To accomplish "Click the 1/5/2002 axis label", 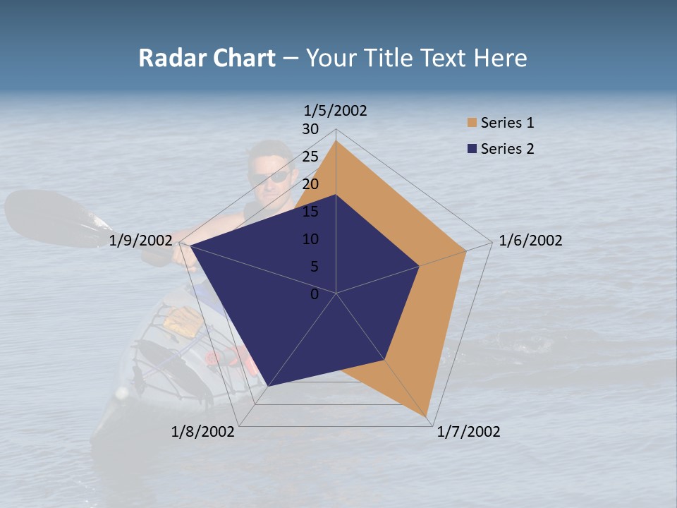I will click(335, 110).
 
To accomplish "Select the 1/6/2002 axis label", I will click(530, 241).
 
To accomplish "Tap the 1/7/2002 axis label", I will click(468, 432).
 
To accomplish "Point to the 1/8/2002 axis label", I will click(203, 432).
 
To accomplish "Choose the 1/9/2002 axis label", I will click(141, 241).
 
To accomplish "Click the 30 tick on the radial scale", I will click(310, 129).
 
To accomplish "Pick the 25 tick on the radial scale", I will click(310, 157).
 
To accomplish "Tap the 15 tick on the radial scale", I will click(310, 212).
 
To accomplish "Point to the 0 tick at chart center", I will click(315, 294).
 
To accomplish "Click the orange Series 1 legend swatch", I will click(472, 123).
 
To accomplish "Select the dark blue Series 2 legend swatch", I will click(472, 149).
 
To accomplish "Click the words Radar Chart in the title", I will click(207, 58).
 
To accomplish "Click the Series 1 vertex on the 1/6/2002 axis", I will click(466, 250).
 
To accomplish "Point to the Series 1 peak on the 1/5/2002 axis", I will click(336, 141).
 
